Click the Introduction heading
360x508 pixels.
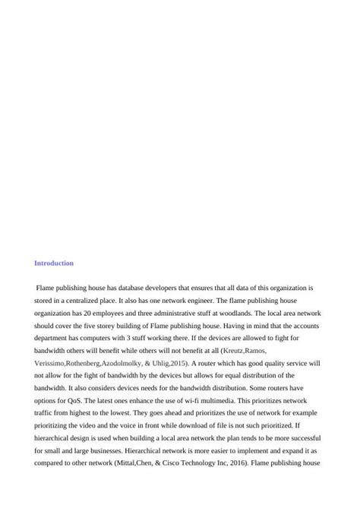click(x=54, y=263)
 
